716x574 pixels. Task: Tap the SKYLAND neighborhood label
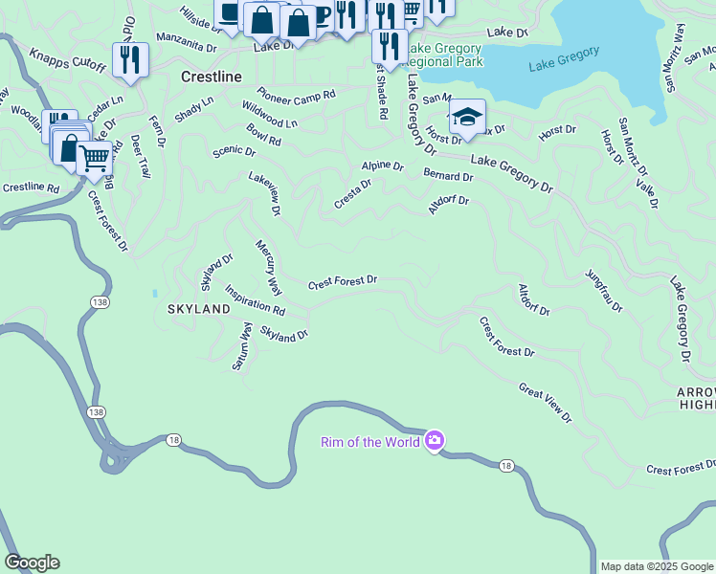pyautogui.click(x=199, y=309)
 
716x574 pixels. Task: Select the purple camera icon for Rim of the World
pyautogui.click(x=435, y=440)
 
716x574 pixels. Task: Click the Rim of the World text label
pyautogui.click(x=369, y=441)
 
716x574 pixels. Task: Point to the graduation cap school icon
pyautogui.click(x=467, y=118)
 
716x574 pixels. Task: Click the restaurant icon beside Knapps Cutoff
pyautogui.click(x=130, y=59)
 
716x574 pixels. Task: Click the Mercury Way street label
pyautogui.click(x=269, y=267)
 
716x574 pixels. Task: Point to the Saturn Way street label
pyautogui.click(x=243, y=346)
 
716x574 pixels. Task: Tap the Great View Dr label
pyautogui.click(x=545, y=403)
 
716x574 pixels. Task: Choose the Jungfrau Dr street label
pyautogui.click(x=604, y=291)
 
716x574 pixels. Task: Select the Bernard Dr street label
pyautogui.click(x=448, y=176)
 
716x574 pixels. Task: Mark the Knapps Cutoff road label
pyautogui.click(x=67, y=60)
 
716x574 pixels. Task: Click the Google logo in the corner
pyautogui.click(x=32, y=563)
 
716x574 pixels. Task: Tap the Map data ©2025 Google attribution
pyautogui.click(x=657, y=566)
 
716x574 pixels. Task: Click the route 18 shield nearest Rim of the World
pyautogui.click(x=504, y=465)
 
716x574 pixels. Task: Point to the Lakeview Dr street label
pyautogui.click(x=265, y=192)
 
